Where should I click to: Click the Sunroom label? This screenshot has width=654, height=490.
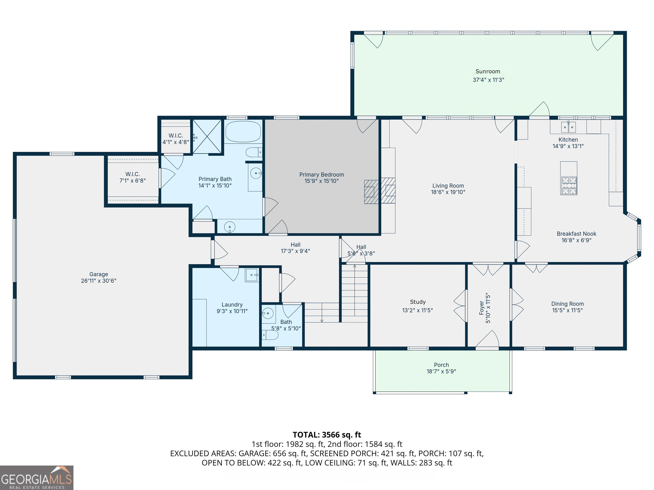coord(488,71)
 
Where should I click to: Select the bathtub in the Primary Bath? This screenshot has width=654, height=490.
coord(243,132)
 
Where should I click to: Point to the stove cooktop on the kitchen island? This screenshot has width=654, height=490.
coord(569,185)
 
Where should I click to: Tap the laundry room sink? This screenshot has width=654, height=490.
coord(252,275)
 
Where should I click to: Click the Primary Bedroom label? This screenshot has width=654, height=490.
coord(322,175)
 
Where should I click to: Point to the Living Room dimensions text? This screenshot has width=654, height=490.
coord(448,192)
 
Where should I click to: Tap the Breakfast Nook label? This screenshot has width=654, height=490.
coord(577,234)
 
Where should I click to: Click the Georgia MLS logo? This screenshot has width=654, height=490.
coord(37,478)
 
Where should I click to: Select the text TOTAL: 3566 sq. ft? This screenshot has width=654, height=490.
coord(327,435)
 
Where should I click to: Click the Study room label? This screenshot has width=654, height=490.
coord(418,302)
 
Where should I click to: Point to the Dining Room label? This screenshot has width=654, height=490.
coord(568,304)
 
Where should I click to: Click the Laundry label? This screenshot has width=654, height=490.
coord(232,305)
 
